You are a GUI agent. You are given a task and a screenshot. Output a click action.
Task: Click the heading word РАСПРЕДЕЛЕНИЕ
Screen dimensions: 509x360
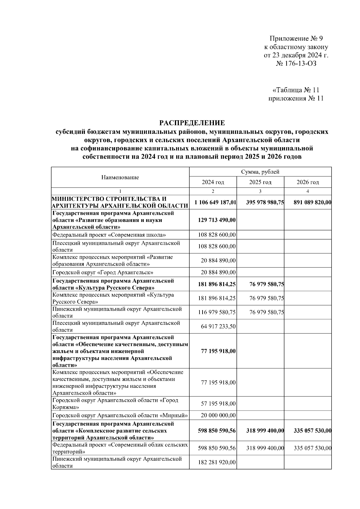(192, 123)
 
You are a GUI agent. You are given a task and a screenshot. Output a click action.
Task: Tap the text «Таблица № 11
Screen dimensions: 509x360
(296, 90)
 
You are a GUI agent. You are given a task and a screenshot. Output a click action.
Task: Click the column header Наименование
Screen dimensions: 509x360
(120, 177)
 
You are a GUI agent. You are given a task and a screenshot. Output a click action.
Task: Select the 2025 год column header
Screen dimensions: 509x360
(260, 182)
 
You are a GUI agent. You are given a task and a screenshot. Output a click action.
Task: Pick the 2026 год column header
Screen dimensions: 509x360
(307, 182)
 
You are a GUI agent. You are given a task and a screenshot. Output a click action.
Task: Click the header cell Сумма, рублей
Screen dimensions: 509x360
(260, 172)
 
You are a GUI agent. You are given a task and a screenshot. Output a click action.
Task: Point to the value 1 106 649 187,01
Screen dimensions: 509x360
(215, 202)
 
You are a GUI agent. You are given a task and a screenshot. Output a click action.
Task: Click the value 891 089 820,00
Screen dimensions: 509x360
(312, 202)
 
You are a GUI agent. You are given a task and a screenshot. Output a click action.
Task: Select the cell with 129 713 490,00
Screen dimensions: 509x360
(217, 220)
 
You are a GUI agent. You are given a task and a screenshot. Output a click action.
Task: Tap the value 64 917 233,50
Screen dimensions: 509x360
(218, 326)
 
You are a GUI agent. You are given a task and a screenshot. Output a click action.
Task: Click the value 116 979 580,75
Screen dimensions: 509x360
(217, 312)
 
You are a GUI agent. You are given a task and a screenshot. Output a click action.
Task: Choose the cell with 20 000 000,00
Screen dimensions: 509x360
(218, 415)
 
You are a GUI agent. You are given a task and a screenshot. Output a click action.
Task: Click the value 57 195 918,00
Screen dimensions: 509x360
(218, 404)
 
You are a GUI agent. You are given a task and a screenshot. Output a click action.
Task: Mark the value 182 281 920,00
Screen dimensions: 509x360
(217, 462)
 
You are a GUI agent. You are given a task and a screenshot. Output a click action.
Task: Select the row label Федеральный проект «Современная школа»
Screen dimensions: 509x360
(109, 235)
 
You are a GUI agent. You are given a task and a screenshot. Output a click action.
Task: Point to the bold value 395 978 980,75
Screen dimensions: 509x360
(265, 202)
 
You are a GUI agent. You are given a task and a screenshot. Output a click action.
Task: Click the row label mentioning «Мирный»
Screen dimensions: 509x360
(120, 415)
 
